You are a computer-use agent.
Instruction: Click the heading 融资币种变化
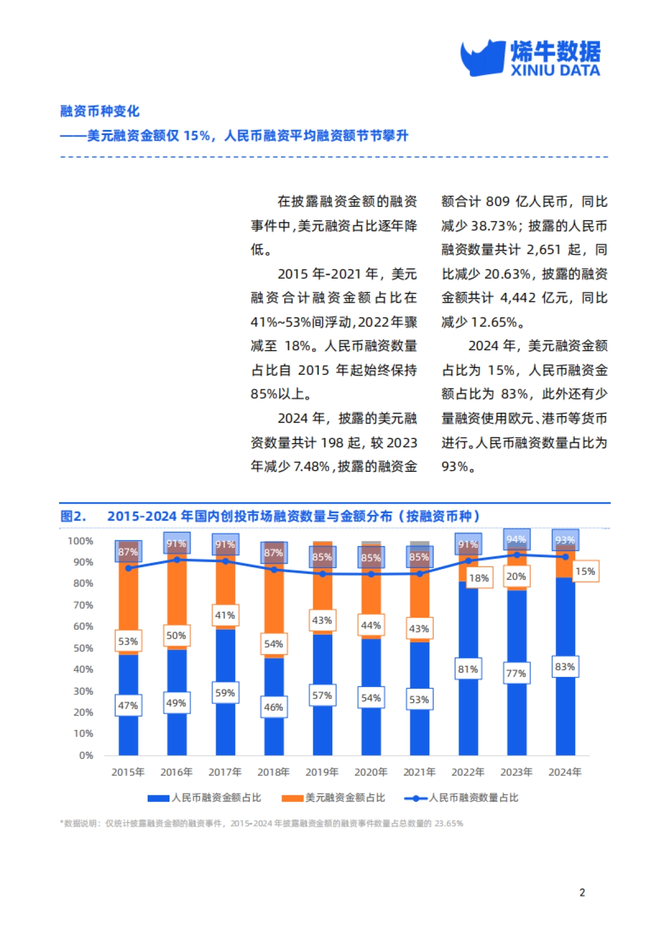click(100, 111)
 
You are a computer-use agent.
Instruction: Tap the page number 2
click(582, 892)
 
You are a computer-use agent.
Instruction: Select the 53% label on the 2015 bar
click(128, 641)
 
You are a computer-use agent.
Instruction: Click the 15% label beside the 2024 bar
click(585, 571)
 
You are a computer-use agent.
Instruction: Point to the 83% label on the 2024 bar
click(564, 666)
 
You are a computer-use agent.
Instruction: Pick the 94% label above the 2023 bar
click(516, 539)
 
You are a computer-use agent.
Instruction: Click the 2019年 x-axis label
click(322, 772)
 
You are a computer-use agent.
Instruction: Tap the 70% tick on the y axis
click(83, 605)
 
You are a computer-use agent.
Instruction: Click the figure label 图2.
click(73, 516)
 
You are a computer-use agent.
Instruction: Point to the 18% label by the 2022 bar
click(479, 578)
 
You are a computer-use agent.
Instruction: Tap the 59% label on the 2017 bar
click(225, 693)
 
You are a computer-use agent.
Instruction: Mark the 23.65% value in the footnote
click(449, 823)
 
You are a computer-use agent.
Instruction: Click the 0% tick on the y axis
click(86, 755)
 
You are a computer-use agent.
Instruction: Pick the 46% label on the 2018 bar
click(273, 707)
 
